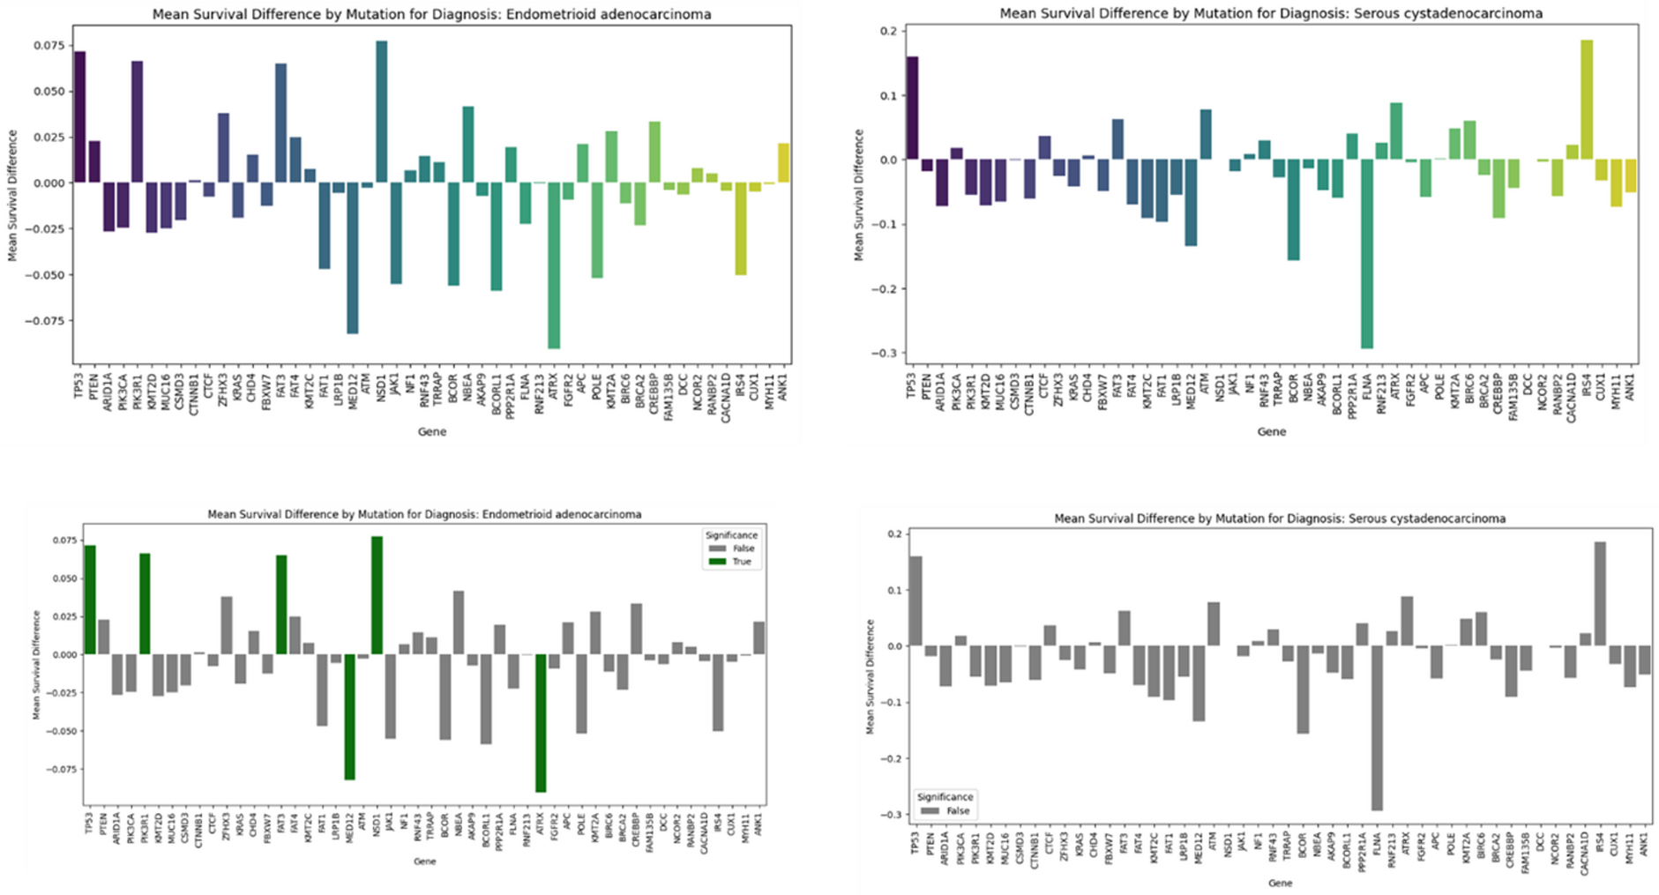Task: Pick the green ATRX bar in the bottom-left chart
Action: [x=541, y=723]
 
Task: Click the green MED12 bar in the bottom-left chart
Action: [x=349, y=717]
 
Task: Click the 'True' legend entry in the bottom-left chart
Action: [x=740, y=562]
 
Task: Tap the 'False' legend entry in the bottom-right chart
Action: [x=957, y=810]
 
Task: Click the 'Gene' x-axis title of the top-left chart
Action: [x=432, y=431]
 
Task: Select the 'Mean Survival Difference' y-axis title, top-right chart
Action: [x=858, y=195]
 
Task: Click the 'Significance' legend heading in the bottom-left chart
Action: [x=729, y=535]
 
